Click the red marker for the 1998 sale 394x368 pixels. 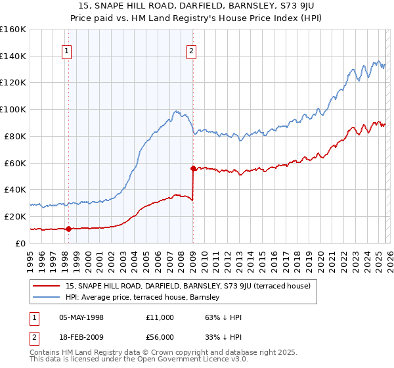[68, 229]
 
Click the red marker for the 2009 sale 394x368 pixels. [193, 168]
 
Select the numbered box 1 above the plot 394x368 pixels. [68, 52]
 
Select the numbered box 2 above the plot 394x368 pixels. [191, 52]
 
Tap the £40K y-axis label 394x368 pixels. [15, 189]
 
